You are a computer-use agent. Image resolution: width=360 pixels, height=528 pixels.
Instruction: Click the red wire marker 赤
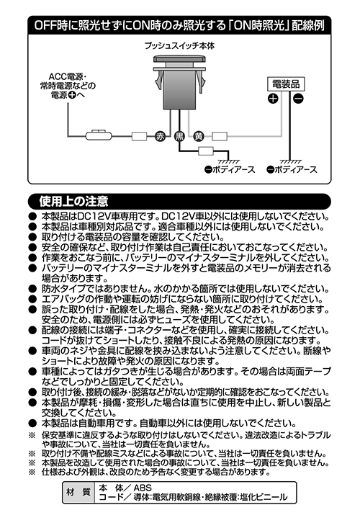[x=160, y=136]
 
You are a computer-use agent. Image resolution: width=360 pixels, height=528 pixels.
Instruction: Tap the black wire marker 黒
[x=179, y=136]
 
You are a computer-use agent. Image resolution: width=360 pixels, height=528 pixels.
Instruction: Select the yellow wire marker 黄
[x=199, y=136]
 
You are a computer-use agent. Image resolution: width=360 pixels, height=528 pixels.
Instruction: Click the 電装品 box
[x=286, y=84]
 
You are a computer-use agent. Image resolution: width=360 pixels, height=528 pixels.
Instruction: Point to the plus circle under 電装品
[x=273, y=99]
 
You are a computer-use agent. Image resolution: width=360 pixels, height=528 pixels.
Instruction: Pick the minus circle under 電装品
[x=298, y=99]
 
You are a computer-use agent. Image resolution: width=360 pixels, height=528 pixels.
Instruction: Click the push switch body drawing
[x=179, y=83]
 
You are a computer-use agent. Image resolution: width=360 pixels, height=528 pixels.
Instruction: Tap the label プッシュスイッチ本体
[x=179, y=45]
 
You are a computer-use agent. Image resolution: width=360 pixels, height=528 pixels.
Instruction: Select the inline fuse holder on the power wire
[x=99, y=135]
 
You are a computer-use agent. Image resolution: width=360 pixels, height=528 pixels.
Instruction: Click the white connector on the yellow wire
[x=220, y=136]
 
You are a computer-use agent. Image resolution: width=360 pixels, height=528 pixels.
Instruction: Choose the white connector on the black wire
[x=206, y=151]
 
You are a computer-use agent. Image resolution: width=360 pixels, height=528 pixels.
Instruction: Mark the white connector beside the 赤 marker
[x=139, y=136]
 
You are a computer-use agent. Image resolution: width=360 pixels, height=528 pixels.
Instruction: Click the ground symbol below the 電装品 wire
[x=290, y=162]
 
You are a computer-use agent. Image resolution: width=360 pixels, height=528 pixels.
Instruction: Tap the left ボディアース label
[x=230, y=169]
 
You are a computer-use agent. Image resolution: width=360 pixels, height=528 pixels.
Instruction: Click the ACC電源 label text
[x=68, y=86]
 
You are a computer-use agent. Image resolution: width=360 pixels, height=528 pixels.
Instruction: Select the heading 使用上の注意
[x=73, y=201]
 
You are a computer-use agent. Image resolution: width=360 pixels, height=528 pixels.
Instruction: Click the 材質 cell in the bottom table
[x=78, y=492]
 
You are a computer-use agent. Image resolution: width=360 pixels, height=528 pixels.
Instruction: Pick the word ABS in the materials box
[x=143, y=487]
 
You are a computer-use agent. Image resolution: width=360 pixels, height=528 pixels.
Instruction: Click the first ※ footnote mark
[x=32, y=435]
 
